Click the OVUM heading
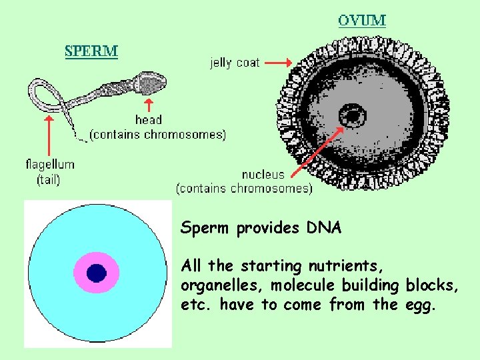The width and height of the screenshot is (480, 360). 361,20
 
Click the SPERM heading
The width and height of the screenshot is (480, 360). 91,51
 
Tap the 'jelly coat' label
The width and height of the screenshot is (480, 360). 235,63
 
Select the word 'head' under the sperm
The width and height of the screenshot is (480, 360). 148,120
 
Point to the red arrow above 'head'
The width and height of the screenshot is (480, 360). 149,105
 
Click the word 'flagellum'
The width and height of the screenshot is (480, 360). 50,164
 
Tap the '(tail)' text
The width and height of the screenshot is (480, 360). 49,178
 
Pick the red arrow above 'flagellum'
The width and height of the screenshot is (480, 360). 48,136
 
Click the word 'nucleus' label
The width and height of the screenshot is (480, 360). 263,175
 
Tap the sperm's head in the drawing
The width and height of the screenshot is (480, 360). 151,83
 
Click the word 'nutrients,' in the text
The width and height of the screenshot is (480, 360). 346,266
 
